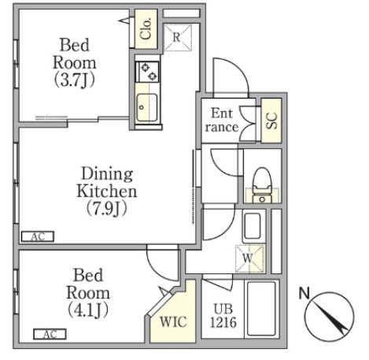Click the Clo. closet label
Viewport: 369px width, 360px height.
coord(146,29)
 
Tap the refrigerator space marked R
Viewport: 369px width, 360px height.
coord(178,37)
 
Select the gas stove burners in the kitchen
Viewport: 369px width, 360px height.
coord(147,72)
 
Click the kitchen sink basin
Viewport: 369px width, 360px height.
coord(147,107)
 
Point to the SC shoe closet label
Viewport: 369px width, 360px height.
coord(271,121)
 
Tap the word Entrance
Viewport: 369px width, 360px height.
coord(222,121)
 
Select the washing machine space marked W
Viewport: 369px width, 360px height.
coord(249,259)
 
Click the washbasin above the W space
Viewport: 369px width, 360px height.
coord(252,225)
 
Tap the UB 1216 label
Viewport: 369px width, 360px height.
coord(223,316)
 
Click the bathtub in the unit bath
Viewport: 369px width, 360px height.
coord(261,309)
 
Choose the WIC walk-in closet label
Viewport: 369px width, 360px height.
coord(173,321)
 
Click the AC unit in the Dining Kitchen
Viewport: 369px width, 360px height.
coord(38,236)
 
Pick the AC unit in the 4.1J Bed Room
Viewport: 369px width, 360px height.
coord(50,334)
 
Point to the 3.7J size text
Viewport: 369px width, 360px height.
coord(75,80)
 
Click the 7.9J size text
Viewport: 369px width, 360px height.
coord(107,208)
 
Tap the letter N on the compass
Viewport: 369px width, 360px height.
coord(304,293)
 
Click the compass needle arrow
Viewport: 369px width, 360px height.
coord(330,317)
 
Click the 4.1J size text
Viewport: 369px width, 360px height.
coord(88,310)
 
